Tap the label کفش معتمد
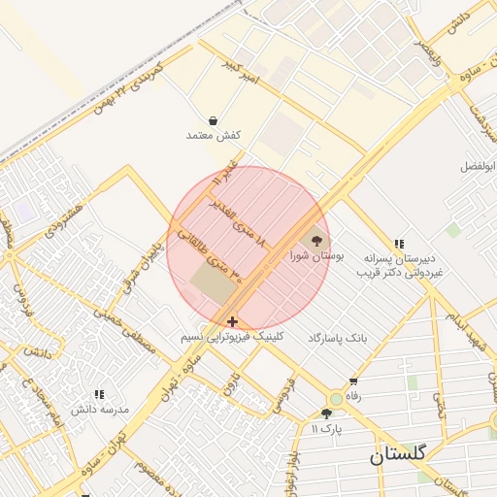213,136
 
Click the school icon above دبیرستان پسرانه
398,245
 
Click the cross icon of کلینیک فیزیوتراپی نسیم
231,320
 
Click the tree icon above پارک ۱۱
326,414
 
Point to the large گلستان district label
403,456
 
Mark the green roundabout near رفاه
336,398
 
